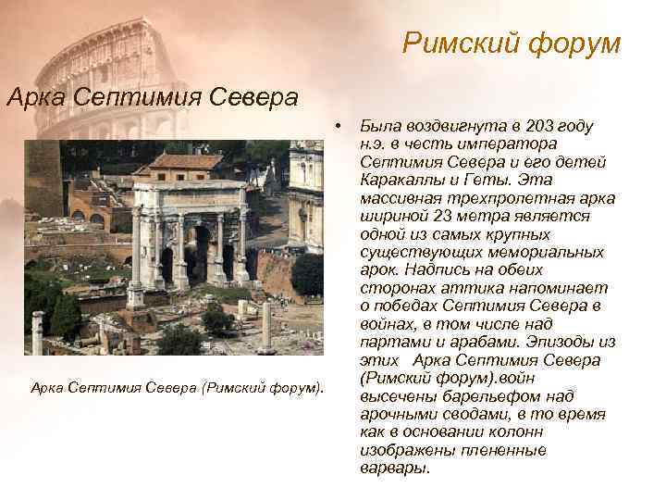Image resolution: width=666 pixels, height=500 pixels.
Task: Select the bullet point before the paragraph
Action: coord(340,125)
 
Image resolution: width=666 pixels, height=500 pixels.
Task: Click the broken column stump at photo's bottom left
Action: coord(38,333)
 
